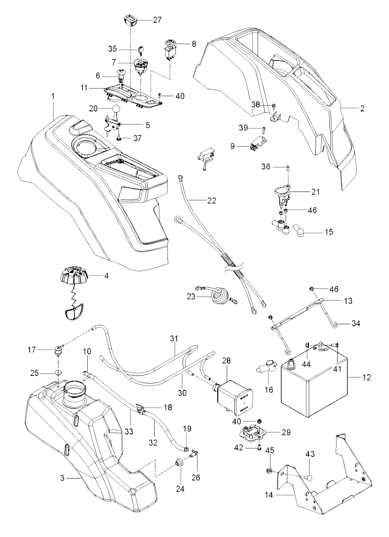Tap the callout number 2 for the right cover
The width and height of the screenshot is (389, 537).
(362, 108)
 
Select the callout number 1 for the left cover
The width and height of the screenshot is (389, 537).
(53, 97)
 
